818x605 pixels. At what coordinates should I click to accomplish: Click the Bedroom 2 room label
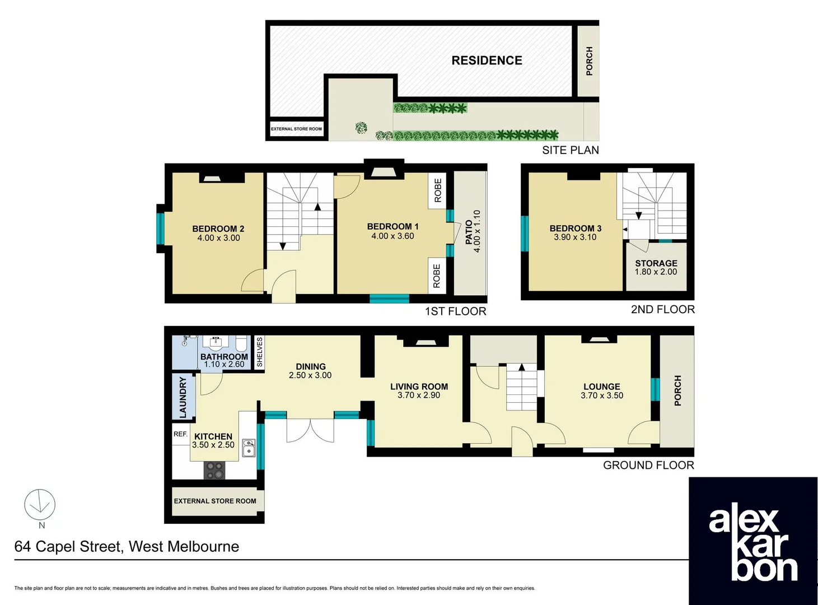point(218,229)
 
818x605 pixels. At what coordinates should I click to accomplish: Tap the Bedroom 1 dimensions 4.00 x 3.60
point(392,236)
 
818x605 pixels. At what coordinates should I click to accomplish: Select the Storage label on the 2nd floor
point(656,263)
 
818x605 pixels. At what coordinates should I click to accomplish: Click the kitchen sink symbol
point(249,448)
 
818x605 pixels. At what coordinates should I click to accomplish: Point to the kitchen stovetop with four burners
point(214,470)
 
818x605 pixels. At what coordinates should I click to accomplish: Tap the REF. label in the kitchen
point(180,434)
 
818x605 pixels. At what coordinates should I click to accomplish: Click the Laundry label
point(183,397)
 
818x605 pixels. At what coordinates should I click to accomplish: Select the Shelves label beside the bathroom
point(259,352)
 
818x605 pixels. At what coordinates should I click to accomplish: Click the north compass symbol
point(40,505)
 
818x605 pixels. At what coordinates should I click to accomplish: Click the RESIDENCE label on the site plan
point(487,61)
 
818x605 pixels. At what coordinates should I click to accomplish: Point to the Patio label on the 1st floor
point(469,232)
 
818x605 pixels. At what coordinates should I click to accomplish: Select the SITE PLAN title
point(570,150)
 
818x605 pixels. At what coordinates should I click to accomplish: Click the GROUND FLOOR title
point(648,465)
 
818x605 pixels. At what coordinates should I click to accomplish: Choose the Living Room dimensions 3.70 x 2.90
point(419,395)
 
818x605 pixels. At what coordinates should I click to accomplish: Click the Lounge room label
point(601,387)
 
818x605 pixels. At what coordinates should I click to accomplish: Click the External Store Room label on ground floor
point(215,501)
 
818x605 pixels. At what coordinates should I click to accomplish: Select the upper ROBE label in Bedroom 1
point(437,190)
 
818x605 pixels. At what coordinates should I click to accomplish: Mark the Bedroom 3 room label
point(575,228)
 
